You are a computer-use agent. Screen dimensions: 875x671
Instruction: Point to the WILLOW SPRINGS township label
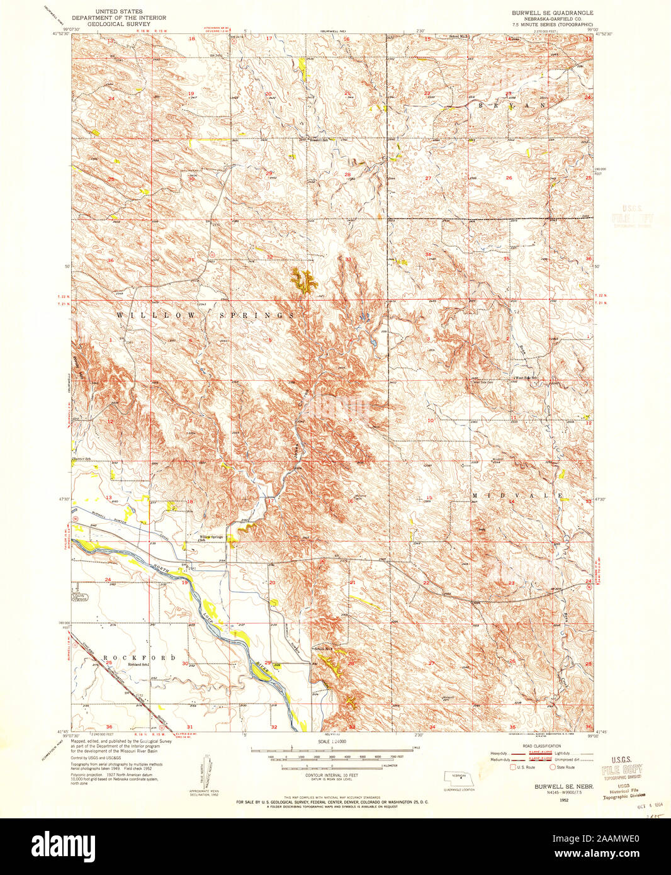[x=206, y=314]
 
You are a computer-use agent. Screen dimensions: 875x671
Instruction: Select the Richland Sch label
[x=138, y=664]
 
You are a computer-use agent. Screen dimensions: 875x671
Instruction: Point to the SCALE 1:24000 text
[x=332, y=742]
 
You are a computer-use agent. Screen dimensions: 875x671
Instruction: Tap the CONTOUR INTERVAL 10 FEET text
[x=332, y=776]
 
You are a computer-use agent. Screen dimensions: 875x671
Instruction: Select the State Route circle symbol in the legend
[x=553, y=767]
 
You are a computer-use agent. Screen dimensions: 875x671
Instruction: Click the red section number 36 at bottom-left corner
[x=109, y=726]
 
